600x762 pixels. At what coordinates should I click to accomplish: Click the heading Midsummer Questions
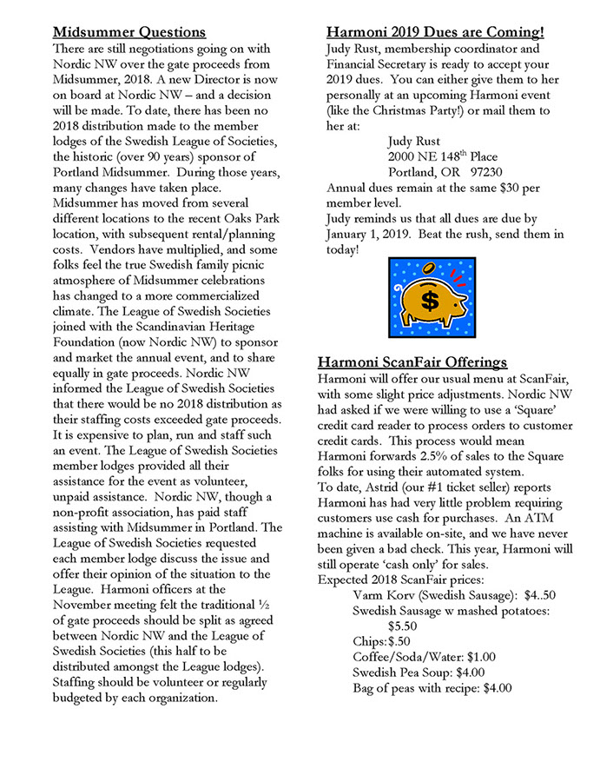click(130, 32)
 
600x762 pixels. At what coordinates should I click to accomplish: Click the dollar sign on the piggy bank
click(430, 301)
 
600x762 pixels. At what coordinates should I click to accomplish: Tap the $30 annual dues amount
click(513, 187)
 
